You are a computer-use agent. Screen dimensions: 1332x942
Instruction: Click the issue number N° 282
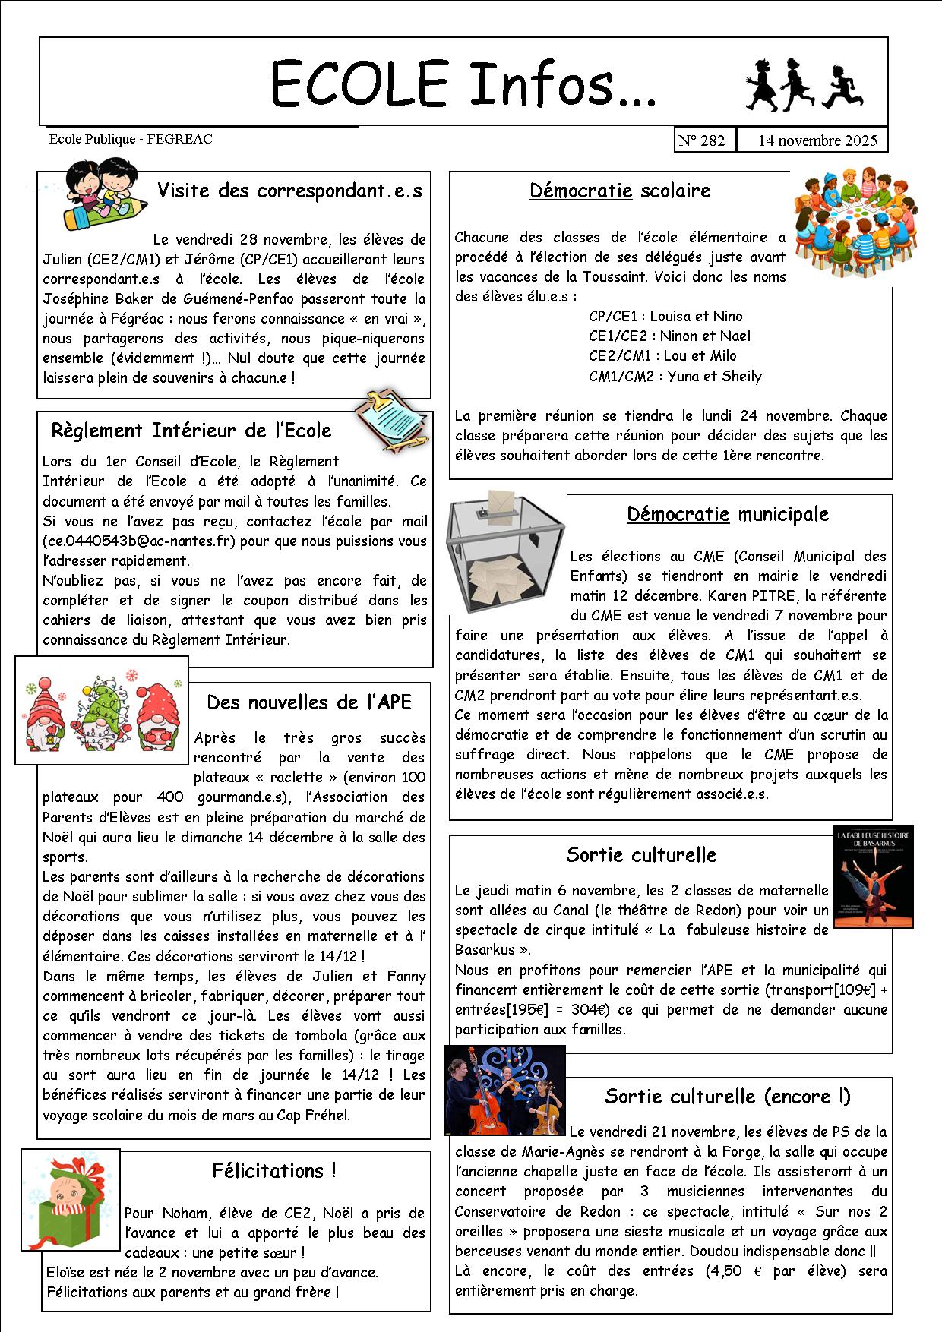[702, 140]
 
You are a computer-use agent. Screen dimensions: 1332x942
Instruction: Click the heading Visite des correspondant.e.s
[289, 191]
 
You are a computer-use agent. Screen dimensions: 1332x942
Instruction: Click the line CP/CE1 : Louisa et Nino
[665, 317]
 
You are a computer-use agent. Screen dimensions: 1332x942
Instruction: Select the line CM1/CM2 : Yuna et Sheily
[675, 376]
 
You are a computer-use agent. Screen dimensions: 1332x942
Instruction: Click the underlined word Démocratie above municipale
[678, 514]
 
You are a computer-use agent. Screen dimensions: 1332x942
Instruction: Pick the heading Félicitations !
[274, 1170]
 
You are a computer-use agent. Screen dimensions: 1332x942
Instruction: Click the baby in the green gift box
[70, 1204]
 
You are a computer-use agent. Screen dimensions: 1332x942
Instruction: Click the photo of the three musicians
[505, 1090]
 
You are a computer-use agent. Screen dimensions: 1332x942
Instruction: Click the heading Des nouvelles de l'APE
[308, 702]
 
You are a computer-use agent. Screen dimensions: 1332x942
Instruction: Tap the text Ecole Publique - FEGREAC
[131, 139]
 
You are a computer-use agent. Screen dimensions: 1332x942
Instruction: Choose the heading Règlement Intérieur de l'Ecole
[191, 431]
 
